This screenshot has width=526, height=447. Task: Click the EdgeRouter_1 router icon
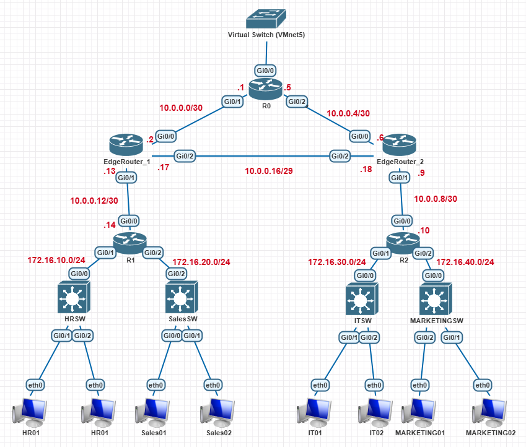tap(126, 145)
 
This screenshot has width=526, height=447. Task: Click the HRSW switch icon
tap(74, 297)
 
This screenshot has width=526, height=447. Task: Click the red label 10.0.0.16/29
tap(268, 170)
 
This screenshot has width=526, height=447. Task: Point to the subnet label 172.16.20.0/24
tap(201, 262)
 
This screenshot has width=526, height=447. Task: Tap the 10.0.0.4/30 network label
tap(348, 113)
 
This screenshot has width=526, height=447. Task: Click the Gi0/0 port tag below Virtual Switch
tap(266, 70)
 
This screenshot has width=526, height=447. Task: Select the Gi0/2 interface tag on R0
tap(296, 102)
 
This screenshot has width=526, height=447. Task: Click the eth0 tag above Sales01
tap(156, 385)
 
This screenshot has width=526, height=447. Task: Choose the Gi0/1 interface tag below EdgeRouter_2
tap(399, 178)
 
